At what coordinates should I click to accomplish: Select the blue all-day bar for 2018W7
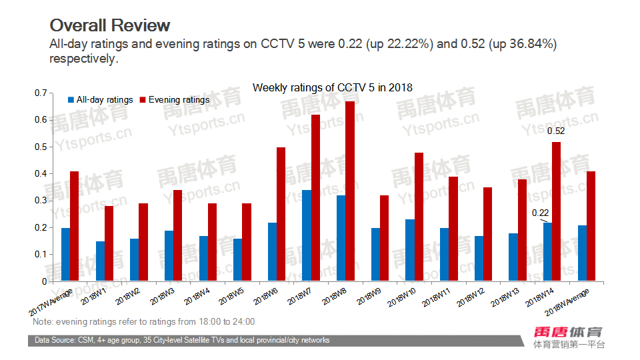coord(307,235)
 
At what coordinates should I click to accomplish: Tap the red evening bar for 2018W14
coord(557,211)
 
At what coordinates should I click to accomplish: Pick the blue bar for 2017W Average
coord(65,254)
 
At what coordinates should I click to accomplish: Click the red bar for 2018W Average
coord(591,226)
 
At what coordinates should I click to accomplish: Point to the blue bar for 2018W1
coord(100,261)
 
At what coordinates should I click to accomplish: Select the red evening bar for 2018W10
coord(419,217)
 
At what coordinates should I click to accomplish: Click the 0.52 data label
coord(556,131)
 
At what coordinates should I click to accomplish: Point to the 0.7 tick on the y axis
coord(39,93)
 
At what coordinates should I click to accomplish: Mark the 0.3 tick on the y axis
coord(39,201)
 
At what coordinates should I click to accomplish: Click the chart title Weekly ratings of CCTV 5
coord(332,88)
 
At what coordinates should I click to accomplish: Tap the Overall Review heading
coord(110,25)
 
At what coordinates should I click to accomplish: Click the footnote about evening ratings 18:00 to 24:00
coord(143,322)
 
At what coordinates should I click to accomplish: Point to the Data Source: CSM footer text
coord(182,341)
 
